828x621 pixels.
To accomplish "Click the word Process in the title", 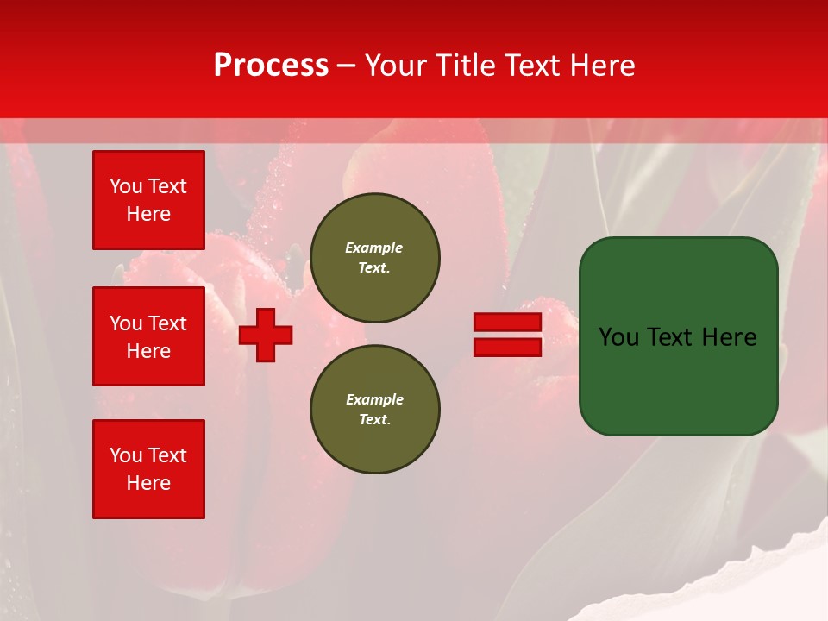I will pyautogui.click(x=271, y=66).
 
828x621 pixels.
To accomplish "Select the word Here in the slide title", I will pyautogui.click(x=603, y=66).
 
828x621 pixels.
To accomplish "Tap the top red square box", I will pyautogui.click(x=148, y=200).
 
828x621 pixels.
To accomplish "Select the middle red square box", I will pyautogui.click(x=148, y=336).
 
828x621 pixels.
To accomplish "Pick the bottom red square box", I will pyautogui.click(x=148, y=469).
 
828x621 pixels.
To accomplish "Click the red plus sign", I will pyautogui.click(x=266, y=335).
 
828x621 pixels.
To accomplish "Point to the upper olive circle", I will pyautogui.click(x=375, y=258).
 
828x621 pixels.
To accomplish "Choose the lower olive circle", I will pyautogui.click(x=375, y=410).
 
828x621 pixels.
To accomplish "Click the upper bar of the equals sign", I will pyautogui.click(x=507, y=322).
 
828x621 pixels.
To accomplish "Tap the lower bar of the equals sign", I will pyautogui.click(x=507, y=348).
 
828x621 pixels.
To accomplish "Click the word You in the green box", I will pyautogui.click(x=618, y=337).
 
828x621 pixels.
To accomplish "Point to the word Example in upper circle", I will pyautogui.click(x=373, y=248).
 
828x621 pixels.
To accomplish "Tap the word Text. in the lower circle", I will pyautogui.click(x=374, y=420).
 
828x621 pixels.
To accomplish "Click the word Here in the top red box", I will pyautogui.click(x=148, y=214).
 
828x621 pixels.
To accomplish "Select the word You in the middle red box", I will pyautogui.click(x=125, y=323).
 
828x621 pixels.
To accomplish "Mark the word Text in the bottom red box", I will pyautogui.click(x=167, y=455).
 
